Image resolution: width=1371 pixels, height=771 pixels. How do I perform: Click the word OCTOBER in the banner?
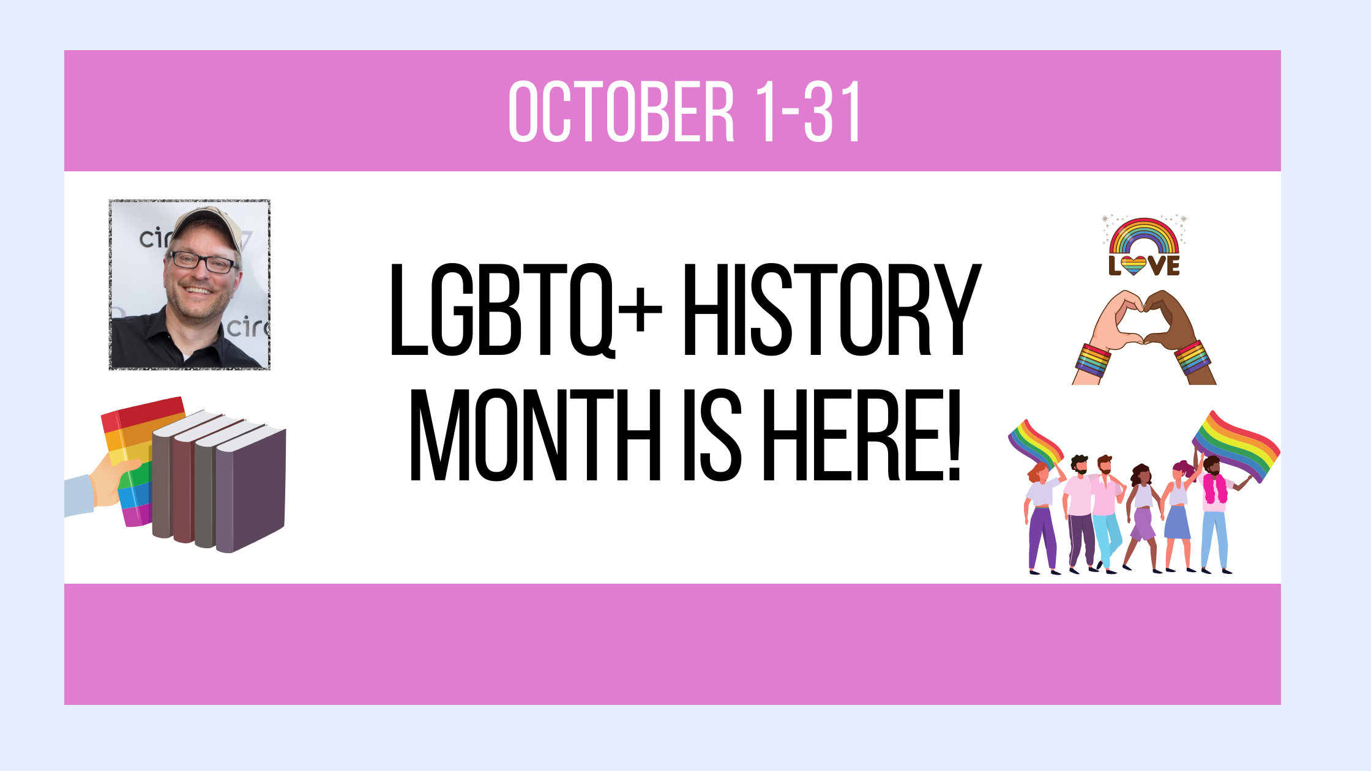click(621, 111)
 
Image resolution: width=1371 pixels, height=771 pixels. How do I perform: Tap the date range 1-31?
click(809, 111)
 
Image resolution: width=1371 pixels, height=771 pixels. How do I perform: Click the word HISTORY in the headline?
click(832, 310)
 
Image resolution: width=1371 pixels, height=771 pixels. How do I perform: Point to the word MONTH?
click(535, 435)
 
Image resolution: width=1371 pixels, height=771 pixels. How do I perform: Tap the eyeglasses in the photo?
click(203, 263)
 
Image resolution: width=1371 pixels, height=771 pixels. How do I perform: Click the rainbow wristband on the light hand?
click(1093, 360)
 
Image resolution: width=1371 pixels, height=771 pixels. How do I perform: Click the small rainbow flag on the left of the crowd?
click(1035, 444)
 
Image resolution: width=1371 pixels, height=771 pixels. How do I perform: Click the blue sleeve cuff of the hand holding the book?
click(78, 496)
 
